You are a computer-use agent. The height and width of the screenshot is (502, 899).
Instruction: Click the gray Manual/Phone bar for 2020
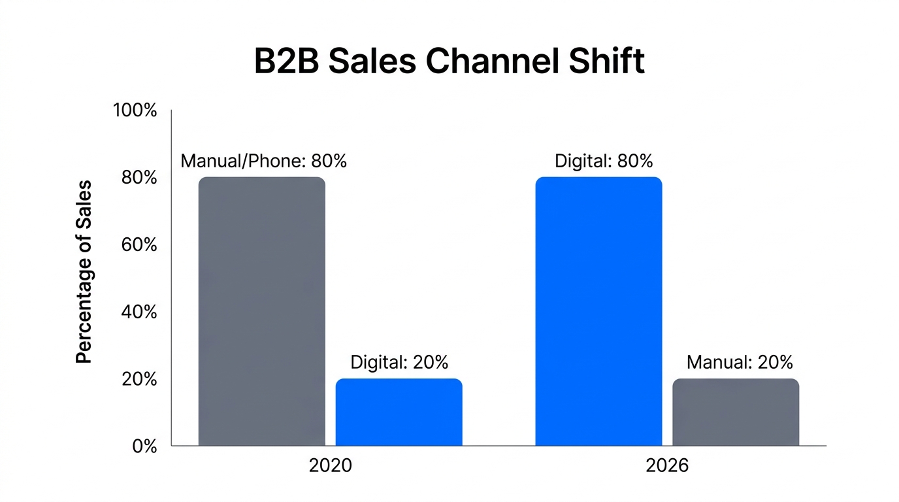pyautogui.click(x=261, y=311)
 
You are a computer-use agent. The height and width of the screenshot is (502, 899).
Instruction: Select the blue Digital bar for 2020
pyautogui.click(x=399, y=412)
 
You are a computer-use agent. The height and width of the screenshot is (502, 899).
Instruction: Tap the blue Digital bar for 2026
pyautogui.click(x=598, y=311)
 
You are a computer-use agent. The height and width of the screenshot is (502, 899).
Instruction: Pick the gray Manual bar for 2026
pyautogui.click(x=736, y=412)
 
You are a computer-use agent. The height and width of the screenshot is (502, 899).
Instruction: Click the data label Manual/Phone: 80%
pyautogui.click(x=263, y=161)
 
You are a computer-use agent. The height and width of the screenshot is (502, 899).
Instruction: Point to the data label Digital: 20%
pyautogui.click(x=399, y=362)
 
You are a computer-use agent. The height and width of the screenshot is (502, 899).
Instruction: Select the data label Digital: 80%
pyautogui.click(x=604, y=161)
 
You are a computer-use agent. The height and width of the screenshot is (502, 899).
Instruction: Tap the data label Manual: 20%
pyautogui.click(x=740, y=362)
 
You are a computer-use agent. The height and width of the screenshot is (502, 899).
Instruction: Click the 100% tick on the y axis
pyautogui.click(x=135, y=110)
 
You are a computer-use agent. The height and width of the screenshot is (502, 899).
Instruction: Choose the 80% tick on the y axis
pyautogui.click(x=139, y=178)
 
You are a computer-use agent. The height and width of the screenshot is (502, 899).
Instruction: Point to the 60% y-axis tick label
pyautogui.click(x=139, y=245)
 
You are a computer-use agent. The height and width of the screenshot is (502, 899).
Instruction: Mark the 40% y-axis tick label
pyautogui.click(x=139, y=312)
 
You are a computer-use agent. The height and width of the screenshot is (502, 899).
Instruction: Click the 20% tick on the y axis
pyautogui.click(x=139, y=380)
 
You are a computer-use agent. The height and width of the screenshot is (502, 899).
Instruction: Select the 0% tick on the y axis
pyautogui.click(x=144, y=447)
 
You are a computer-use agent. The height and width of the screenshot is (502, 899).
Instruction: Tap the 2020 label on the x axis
pyautogui.click(x=330, y=465)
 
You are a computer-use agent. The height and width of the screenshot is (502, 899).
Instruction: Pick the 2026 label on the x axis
pyautogui.click(x=667, y=465)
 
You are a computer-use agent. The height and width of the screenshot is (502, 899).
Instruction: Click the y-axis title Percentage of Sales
pyautogui.click(x=84, y=272)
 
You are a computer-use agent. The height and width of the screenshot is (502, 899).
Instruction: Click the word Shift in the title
pyautogui.click(x=612, y=61)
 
